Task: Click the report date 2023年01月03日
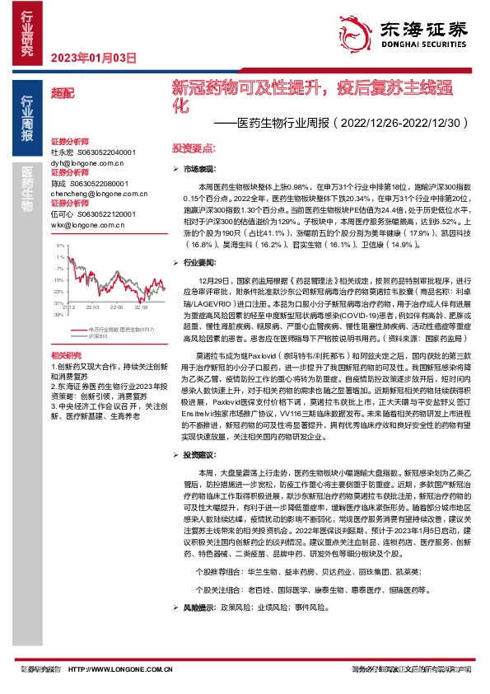click(x=93, y=57)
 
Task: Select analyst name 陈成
click(x=59, y=183)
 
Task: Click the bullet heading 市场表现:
click(x=203, y=168)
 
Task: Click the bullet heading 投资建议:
click(x=203, y=454)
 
